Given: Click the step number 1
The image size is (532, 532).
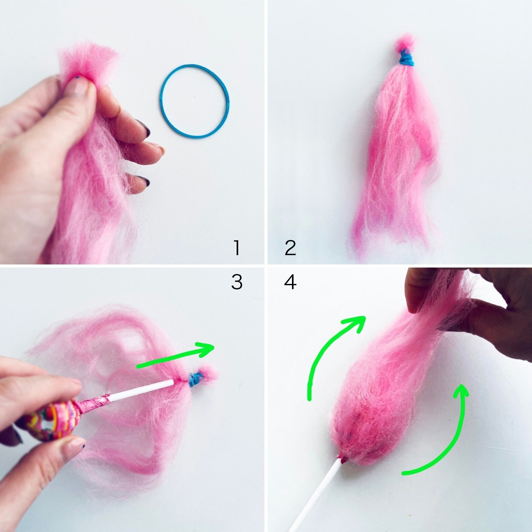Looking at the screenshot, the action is (237, 248).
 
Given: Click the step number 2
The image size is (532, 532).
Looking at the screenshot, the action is (290, 248).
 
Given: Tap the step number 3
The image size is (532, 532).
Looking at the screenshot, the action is (237, 282).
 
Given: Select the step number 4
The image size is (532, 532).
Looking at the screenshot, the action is (290, 282).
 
